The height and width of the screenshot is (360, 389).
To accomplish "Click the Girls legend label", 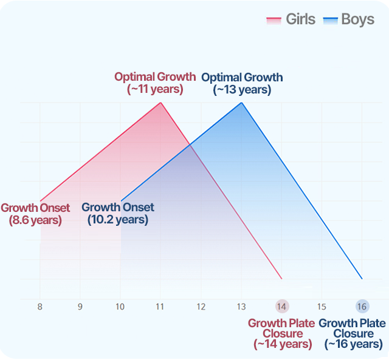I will click(x=300, y=19).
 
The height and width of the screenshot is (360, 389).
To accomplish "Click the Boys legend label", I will click(x=357, y=19).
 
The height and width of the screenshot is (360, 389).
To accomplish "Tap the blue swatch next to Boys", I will click(x=330, y=20).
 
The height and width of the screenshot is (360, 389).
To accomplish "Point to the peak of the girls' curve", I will click(x=160, y=103).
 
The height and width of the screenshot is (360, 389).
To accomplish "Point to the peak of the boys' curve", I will click(x=241, y=103).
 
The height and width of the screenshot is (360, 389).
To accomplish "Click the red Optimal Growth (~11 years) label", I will click(x=155, y=83).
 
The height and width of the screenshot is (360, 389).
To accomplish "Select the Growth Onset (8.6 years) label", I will click(x=35, y=214).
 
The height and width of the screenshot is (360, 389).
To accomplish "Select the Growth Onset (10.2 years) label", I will click(x=118, y=214).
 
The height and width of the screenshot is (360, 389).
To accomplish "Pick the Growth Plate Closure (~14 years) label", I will click(x=281, y=333).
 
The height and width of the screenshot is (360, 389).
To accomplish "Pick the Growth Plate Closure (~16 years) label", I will click(x=353, y=333).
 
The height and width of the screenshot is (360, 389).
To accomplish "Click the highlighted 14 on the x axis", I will click(x=281, y=307).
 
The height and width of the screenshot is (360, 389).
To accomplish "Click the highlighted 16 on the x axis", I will click(x=362, y=307).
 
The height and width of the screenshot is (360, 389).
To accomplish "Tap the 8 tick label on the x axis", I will click(x=40, y=307).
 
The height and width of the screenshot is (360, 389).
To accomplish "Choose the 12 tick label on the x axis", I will click(x=201, y=307).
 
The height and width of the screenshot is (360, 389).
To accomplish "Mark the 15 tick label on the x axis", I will click(x=322, y=307).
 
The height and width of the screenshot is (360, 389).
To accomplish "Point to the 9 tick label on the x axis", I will click(x=80, y=307).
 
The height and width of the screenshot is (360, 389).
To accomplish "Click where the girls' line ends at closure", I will click(x=281, y=279).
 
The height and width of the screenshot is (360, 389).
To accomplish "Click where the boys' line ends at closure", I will click(x=362, y=279).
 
